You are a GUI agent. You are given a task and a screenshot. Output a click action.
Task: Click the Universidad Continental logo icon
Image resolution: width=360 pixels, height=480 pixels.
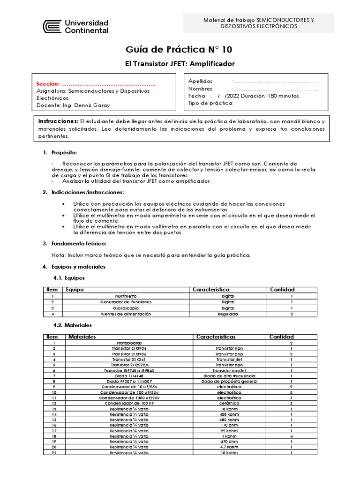(x=52, y=26)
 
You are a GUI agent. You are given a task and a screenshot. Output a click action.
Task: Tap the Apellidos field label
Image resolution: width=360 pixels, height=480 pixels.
(x=200, y=81)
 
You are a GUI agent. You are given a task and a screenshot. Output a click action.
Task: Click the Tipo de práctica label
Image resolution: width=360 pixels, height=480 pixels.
(x=210, y=103)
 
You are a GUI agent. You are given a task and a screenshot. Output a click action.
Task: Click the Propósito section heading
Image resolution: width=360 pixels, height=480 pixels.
(x=64, y=153)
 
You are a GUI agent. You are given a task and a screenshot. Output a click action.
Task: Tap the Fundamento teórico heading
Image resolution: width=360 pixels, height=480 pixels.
(x=79, y=243)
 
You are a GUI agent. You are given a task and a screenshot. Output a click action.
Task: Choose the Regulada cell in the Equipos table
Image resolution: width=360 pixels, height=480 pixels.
(x=228, y=314)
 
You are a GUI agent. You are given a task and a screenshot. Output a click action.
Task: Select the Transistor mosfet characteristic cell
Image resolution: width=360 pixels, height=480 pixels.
(x=228, y=370)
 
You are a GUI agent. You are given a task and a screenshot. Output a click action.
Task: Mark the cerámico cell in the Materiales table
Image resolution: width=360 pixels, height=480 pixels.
(x=228, y=403)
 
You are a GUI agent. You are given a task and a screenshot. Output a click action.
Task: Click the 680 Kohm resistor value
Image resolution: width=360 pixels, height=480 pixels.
(x=228, y=420)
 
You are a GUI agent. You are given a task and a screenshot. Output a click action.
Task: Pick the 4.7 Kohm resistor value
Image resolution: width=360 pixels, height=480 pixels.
(x=228, y=447)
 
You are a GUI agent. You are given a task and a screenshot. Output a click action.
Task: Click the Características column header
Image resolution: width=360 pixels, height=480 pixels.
(x=216, y=337)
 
